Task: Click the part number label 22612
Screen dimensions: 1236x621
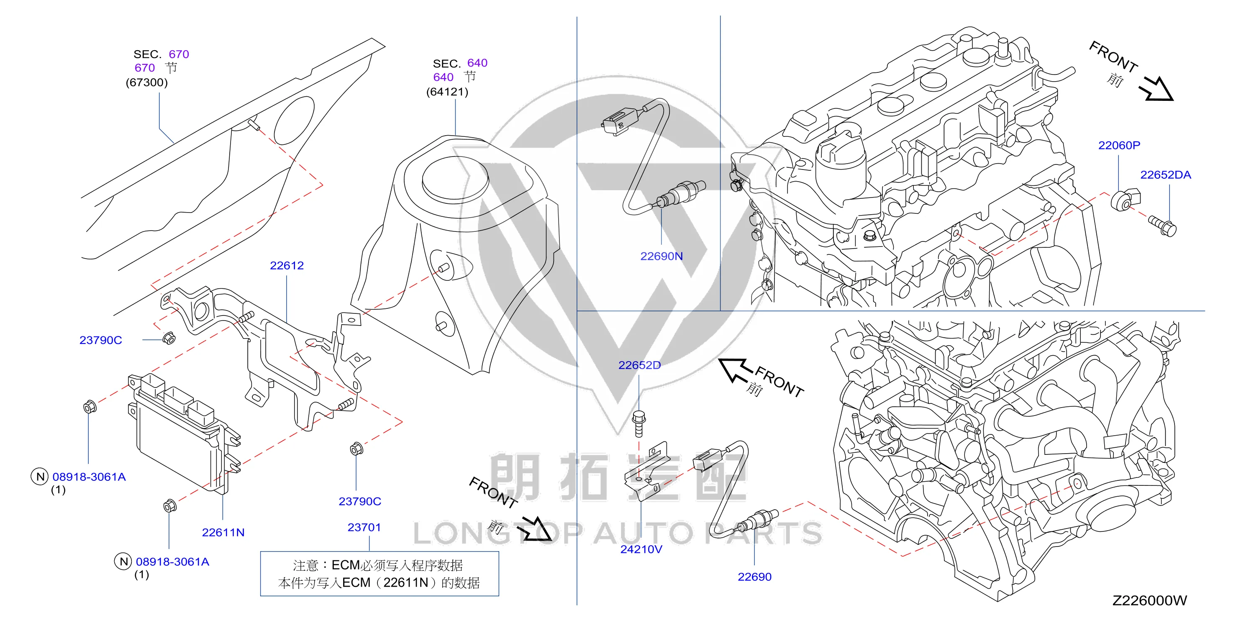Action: pos(287,265)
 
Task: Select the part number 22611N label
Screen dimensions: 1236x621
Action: pos(223,532)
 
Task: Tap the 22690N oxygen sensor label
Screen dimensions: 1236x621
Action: pos(661,256)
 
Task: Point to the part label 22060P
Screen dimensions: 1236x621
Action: pos(1119,145)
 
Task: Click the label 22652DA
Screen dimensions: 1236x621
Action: pos(1165,174)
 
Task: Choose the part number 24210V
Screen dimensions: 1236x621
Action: pos(641,549)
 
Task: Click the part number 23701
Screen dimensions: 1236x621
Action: pos(364,527)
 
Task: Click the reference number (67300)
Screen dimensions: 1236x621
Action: pos(147,82)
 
